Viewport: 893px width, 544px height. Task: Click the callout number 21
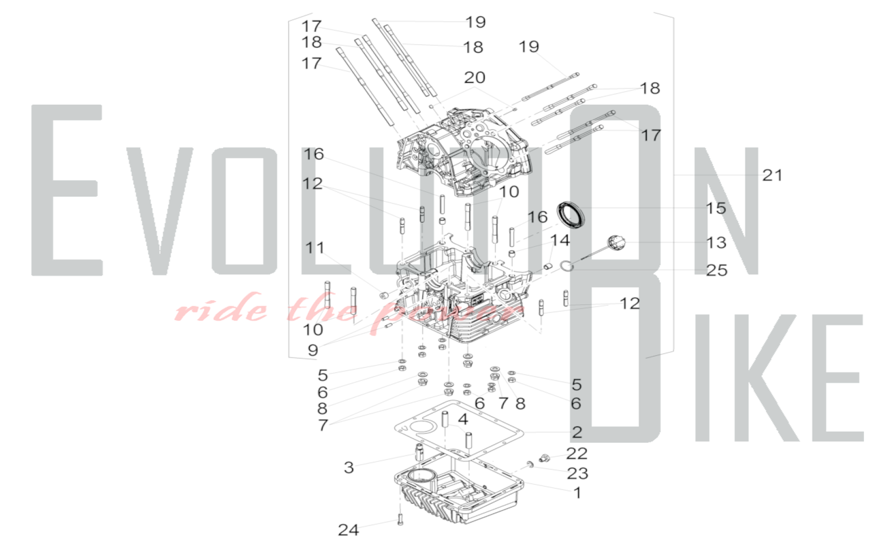pos(772,175)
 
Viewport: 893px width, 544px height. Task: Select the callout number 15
pos(716,208)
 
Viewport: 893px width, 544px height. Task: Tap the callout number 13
pos(716,243)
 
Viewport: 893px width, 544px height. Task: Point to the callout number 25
pos(717,270)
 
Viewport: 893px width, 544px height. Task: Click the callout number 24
pos(348,530)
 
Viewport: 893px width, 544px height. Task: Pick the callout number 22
pos(576,453)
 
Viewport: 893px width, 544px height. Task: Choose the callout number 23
pos(577,474)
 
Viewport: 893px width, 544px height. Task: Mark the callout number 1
pos(577,493)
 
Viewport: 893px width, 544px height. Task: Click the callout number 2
pos(577,432)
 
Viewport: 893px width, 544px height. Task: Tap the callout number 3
pos(349,467)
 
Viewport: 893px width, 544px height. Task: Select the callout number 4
pos(463,419)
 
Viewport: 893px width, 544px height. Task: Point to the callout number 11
pos(315,248)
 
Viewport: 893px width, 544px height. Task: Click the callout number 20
pos(475,78)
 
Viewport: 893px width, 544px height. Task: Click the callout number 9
pos(313,350)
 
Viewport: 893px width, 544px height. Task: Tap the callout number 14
pos(560,240)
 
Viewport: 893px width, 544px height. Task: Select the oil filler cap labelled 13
pos(616,243)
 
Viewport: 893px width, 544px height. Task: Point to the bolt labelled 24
pos(400,519)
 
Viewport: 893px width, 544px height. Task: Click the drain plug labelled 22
pos(544,458)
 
